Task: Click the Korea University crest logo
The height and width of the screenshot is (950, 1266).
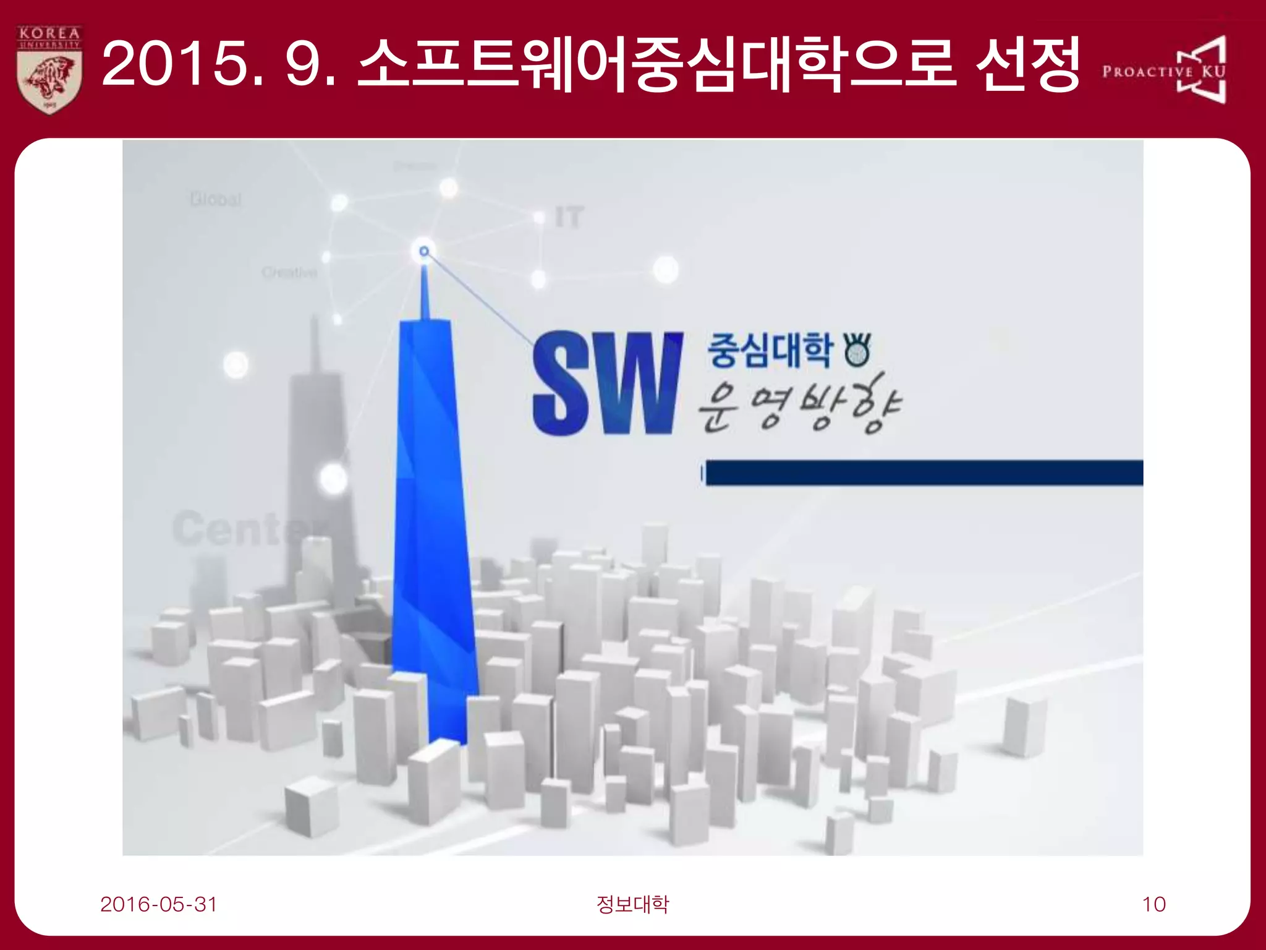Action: tap(49, 69)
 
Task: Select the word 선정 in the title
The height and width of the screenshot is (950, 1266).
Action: tap(1028, 63)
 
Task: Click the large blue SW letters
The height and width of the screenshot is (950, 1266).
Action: tap(608, 383)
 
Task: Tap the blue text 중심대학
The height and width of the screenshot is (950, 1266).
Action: tap(770, 351)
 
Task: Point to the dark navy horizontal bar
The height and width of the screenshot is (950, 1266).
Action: tap(924, 473)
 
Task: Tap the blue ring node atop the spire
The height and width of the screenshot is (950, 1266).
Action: tap(424, 251)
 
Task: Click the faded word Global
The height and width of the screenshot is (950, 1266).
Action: tap(216, 199)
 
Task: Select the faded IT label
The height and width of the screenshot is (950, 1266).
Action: tap(569, 218)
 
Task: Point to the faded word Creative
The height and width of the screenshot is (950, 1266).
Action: tap(289, 272)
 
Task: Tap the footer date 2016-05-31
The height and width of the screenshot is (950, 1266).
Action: tap(159, 904)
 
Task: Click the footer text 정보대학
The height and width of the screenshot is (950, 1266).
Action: tap(632, 904)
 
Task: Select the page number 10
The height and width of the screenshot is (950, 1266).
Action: tap(1153, 904)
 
